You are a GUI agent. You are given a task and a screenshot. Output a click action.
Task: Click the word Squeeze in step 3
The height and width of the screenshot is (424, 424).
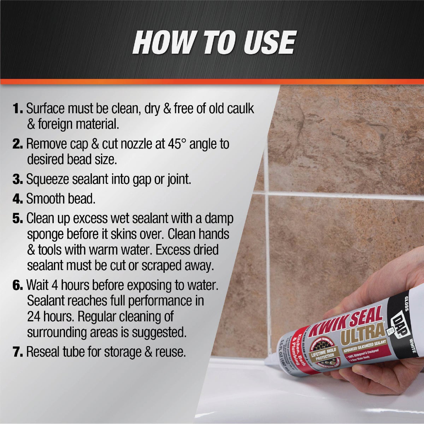tap(48, 179)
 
